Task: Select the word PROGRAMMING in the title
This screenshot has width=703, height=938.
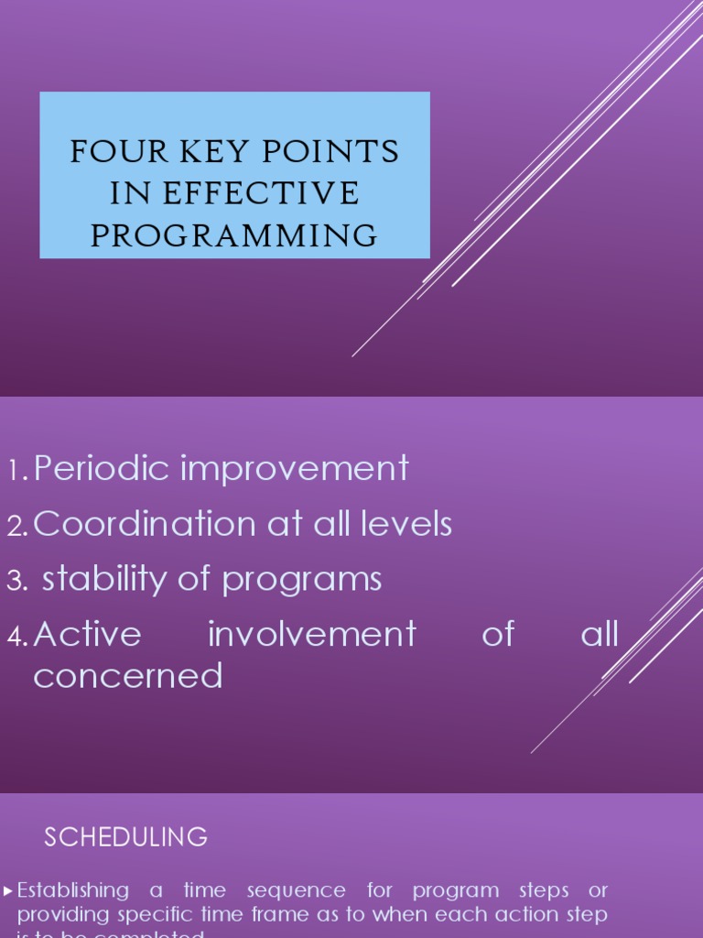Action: (x=234, y=235)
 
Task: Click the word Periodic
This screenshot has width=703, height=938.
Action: (x=102, y=469)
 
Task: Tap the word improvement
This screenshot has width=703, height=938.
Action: (x=294, y=469)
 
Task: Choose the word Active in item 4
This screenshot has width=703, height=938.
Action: (x=87, y=634)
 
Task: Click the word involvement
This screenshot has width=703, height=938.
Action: (x=311, y=634)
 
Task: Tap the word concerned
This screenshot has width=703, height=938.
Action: (x=128, y=676)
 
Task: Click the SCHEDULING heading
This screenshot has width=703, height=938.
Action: (x=126, y=836)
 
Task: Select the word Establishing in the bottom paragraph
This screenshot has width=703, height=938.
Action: (x=73, y=890)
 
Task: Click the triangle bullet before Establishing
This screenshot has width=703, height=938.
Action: (x=8, y=890)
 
